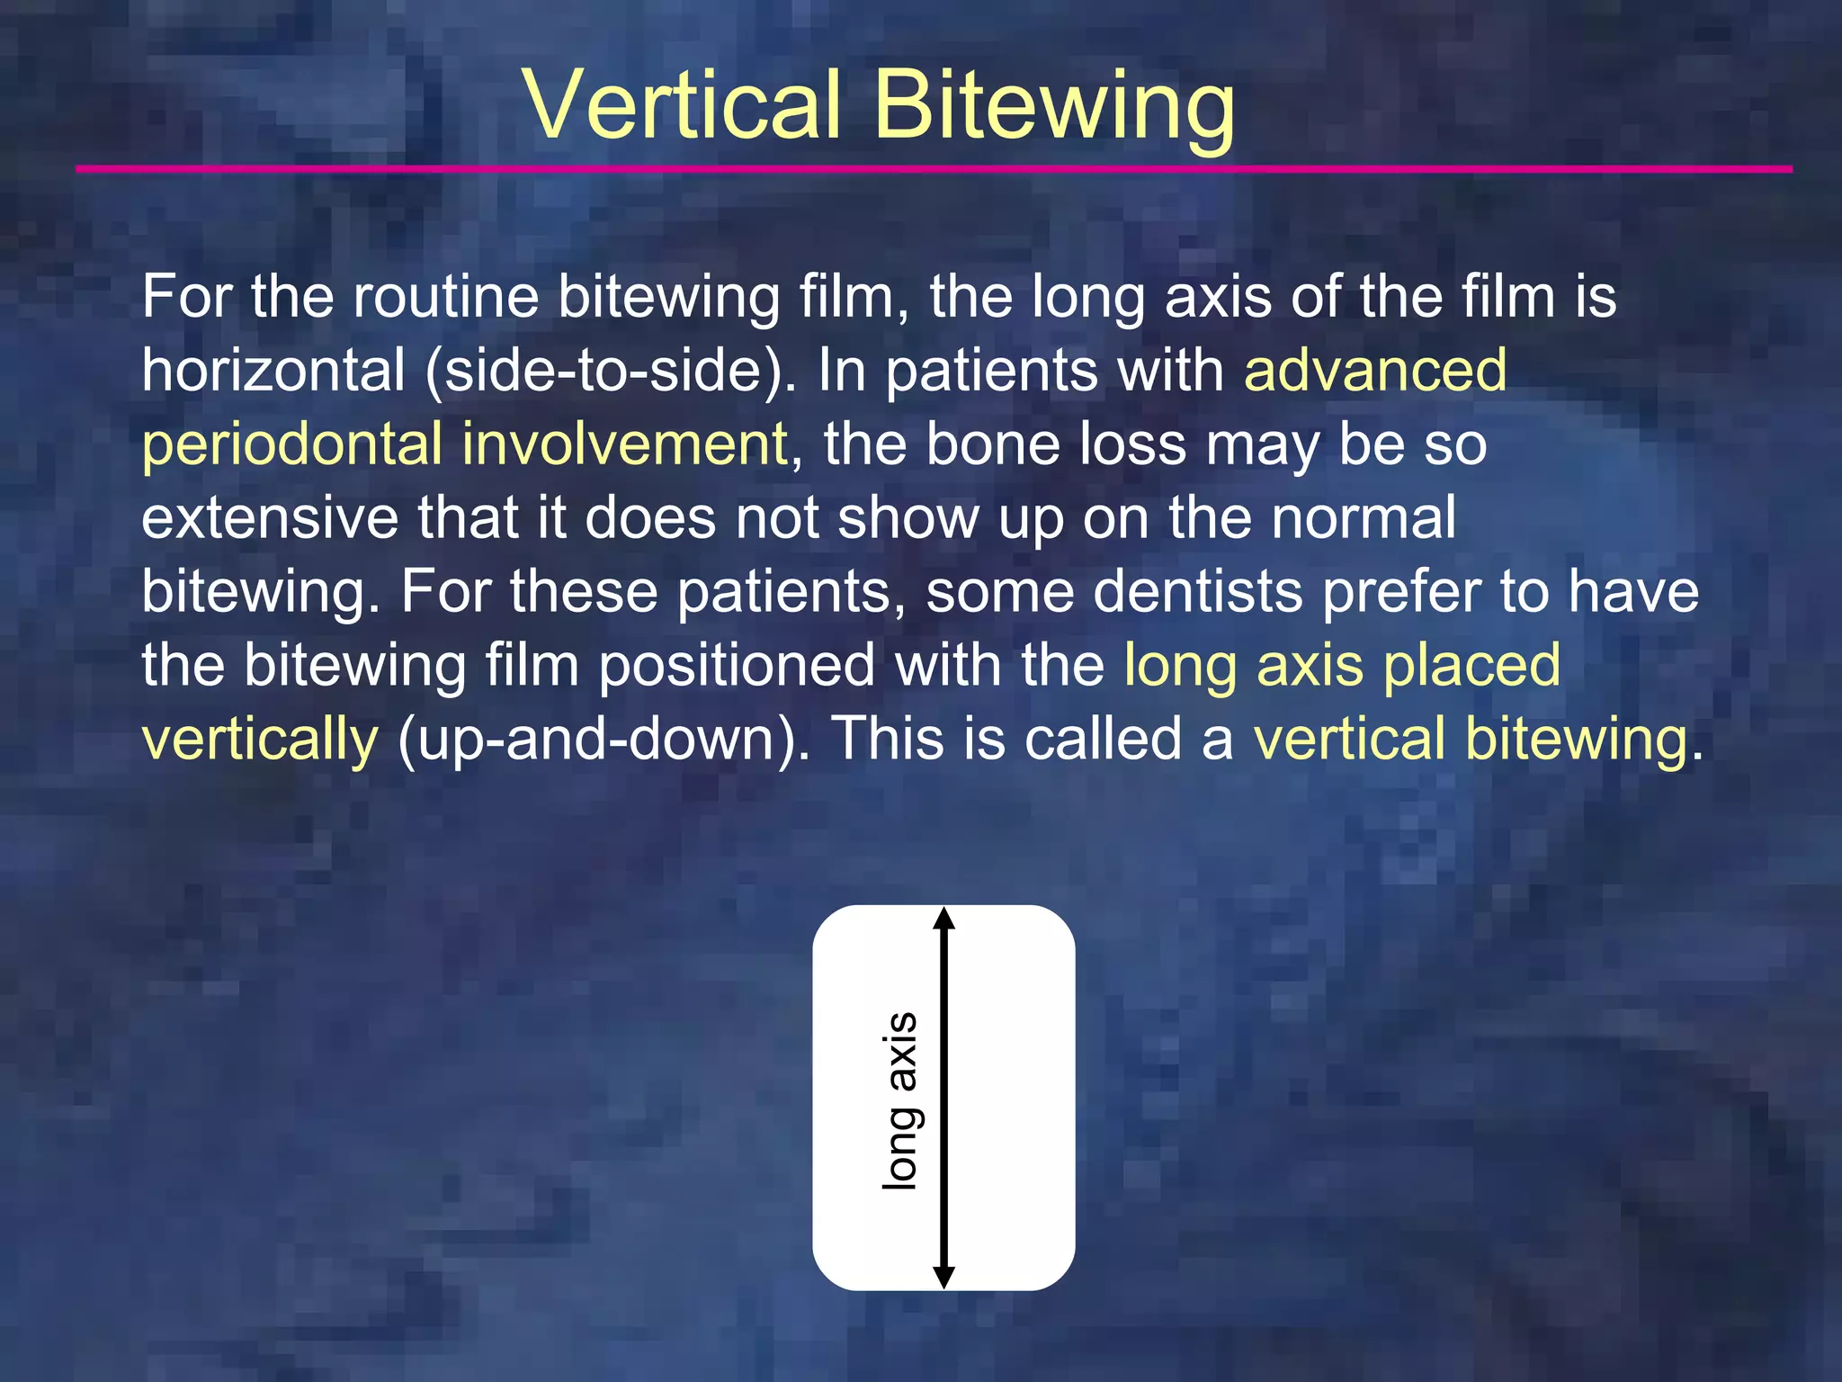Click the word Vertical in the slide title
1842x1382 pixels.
pyautogui.click(x=684, y=105)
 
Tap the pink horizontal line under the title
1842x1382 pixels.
pyautogui.click(x=934, y=169)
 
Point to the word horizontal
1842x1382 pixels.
pyautogui.click(x=273, y=370)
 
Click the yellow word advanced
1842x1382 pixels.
pyautogui.click(x=1375, y=370)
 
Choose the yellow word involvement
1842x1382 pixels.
pyautogui.click(x=625, y=444)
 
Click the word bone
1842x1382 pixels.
pyautogui.click(x=992, y=444)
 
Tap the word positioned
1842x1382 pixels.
pyautogui.click(x=737, y=665)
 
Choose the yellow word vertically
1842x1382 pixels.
pyautogui.click(x=261, y=740)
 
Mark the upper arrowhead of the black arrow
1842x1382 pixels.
pyautogui.click(x=943, y=918)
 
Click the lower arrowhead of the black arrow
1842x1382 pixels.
pyautogui.click(x=943, y=1277)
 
